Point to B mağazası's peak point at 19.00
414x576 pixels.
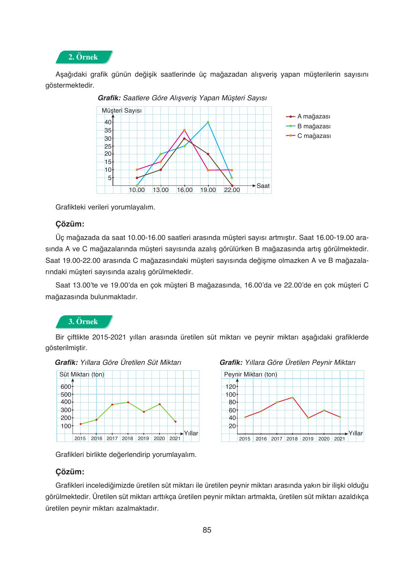click(x=208, y=122)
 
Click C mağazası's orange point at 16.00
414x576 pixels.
click(x=184, y=130)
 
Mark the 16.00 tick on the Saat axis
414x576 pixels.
click(x=184, y=190)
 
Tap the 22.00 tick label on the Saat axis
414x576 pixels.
click(x=232, y=190)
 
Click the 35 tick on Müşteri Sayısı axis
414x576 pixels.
click(x=108, y=130)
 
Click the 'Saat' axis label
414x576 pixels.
click(x=263, y=186)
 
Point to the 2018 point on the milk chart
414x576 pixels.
click(x=128, y=402)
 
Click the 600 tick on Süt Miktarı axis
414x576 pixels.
click(x=66, y=387)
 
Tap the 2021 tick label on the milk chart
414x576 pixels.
click(x=175, y=438)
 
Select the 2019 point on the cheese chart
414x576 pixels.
click(x=308, y=418)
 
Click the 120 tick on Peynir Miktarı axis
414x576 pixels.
click(x=231, y=387)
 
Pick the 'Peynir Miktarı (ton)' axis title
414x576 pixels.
click(x=250, y=374)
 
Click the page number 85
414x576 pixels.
click(x=207, y=530)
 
